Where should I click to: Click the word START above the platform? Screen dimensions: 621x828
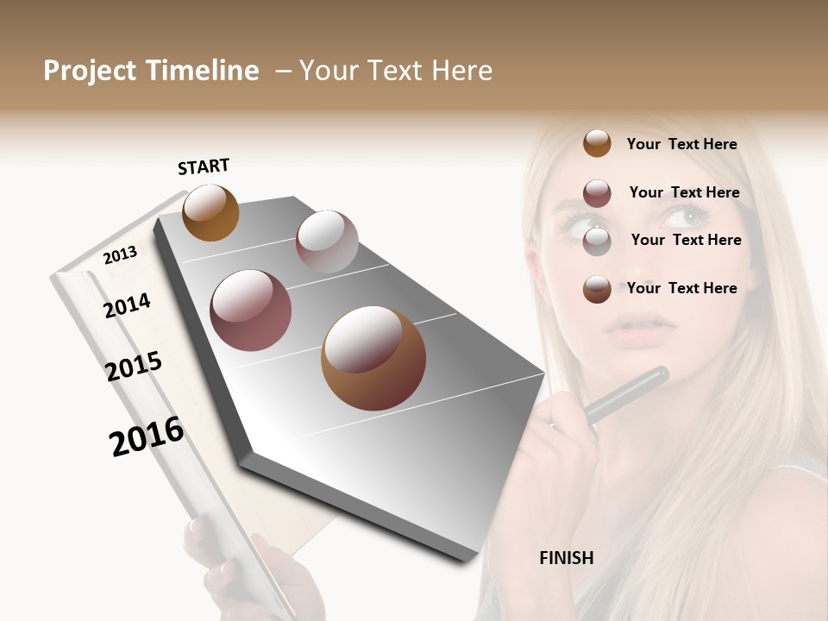(x=204, y=166)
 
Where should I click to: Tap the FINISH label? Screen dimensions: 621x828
(x=567, y=558)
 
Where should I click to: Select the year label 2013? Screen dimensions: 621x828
(x=121, y=254)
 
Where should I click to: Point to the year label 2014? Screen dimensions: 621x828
(x=128, y=305)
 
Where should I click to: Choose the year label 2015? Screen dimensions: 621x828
(x=134, y=366)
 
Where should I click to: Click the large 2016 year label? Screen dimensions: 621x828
(x=147, y=436)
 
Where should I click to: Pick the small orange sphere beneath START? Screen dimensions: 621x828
(x=210, y=212)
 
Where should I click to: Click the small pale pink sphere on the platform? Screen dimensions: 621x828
(x=327, y=241)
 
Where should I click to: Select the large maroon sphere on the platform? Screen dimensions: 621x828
(x=251, y=310)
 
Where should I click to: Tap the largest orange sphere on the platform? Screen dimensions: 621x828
(x=373, y=358)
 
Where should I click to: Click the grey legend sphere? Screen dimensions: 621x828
(x=597, y=241)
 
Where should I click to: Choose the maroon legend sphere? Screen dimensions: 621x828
(x=597, y=193)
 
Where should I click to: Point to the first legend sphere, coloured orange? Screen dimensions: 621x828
(x=597, y=143)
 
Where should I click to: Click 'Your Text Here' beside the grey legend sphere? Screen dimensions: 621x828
(x=686, y=240)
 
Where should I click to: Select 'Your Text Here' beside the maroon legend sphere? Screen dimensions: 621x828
(x=684, y=192)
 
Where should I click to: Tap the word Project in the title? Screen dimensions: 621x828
(x=90, y=71)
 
